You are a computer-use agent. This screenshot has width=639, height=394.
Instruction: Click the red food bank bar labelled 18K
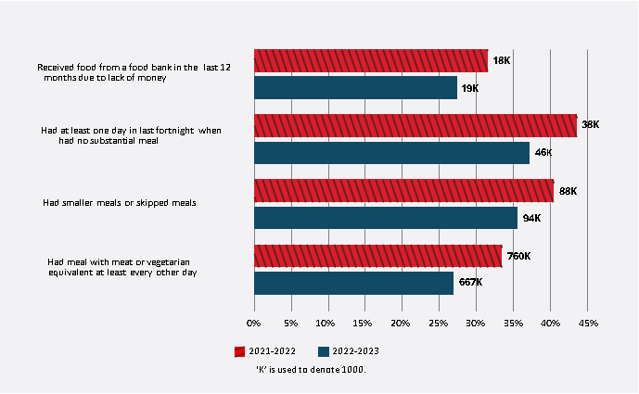click(x=370, y=60)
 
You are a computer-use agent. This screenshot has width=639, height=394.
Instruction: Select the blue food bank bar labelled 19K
click(x=355, y=88)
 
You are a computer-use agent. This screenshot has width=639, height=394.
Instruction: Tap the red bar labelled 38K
click(x=415, y=125)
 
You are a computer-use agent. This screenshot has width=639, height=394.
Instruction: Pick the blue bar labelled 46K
click(x=391, y=153)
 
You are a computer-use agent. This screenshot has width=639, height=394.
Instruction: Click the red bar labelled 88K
click(x=403, y=191)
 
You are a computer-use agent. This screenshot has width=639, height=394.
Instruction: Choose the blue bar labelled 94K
click(x=385, y=218)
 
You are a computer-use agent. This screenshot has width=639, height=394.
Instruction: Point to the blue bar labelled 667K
click(x=353, y=283)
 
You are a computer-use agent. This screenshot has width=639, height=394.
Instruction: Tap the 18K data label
click(x=502, y=60)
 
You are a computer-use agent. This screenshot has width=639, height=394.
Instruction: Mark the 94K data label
click(x=531, y=218)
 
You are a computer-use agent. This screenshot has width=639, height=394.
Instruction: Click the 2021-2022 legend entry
click(x=269, y=351)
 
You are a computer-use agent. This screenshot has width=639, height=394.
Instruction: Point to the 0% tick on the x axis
click(x=253, y=324)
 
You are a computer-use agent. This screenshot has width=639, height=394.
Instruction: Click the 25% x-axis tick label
click(x=439, y=324)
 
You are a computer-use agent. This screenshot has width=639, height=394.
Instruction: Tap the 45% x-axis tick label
click(x=587, y=324)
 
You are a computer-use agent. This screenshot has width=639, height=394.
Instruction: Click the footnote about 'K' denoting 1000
click(x=311, y=369)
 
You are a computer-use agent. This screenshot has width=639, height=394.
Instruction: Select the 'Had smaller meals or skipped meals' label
click(x=119, y=202)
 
